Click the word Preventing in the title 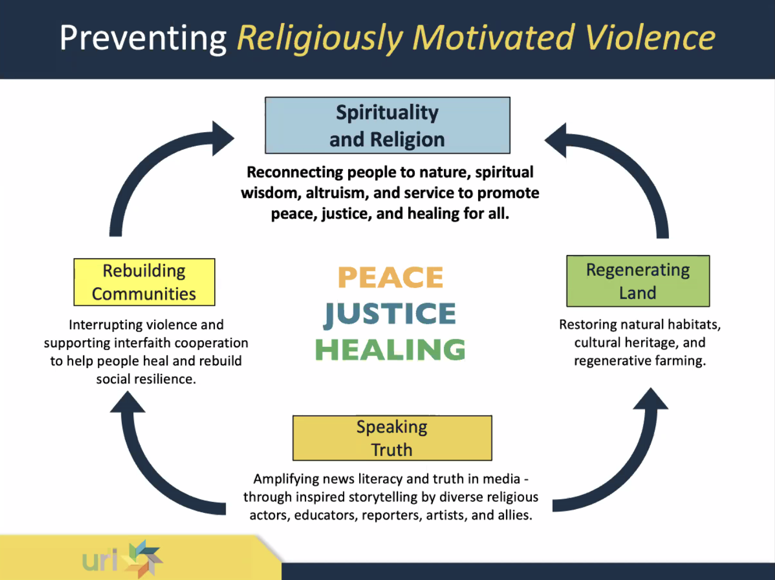(x=143, y=38)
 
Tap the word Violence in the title (x=650, y=38)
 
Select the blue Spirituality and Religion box (x=387, y=126)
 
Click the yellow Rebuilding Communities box (x=144, y=282)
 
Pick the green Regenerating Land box (x=638, y=281)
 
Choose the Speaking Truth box (x=392, y=438)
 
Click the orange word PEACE (x=390, y=277)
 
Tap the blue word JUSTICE (x=390, y=314)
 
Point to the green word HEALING (x=390, y=350)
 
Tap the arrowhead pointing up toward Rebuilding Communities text (x=128, y=403)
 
